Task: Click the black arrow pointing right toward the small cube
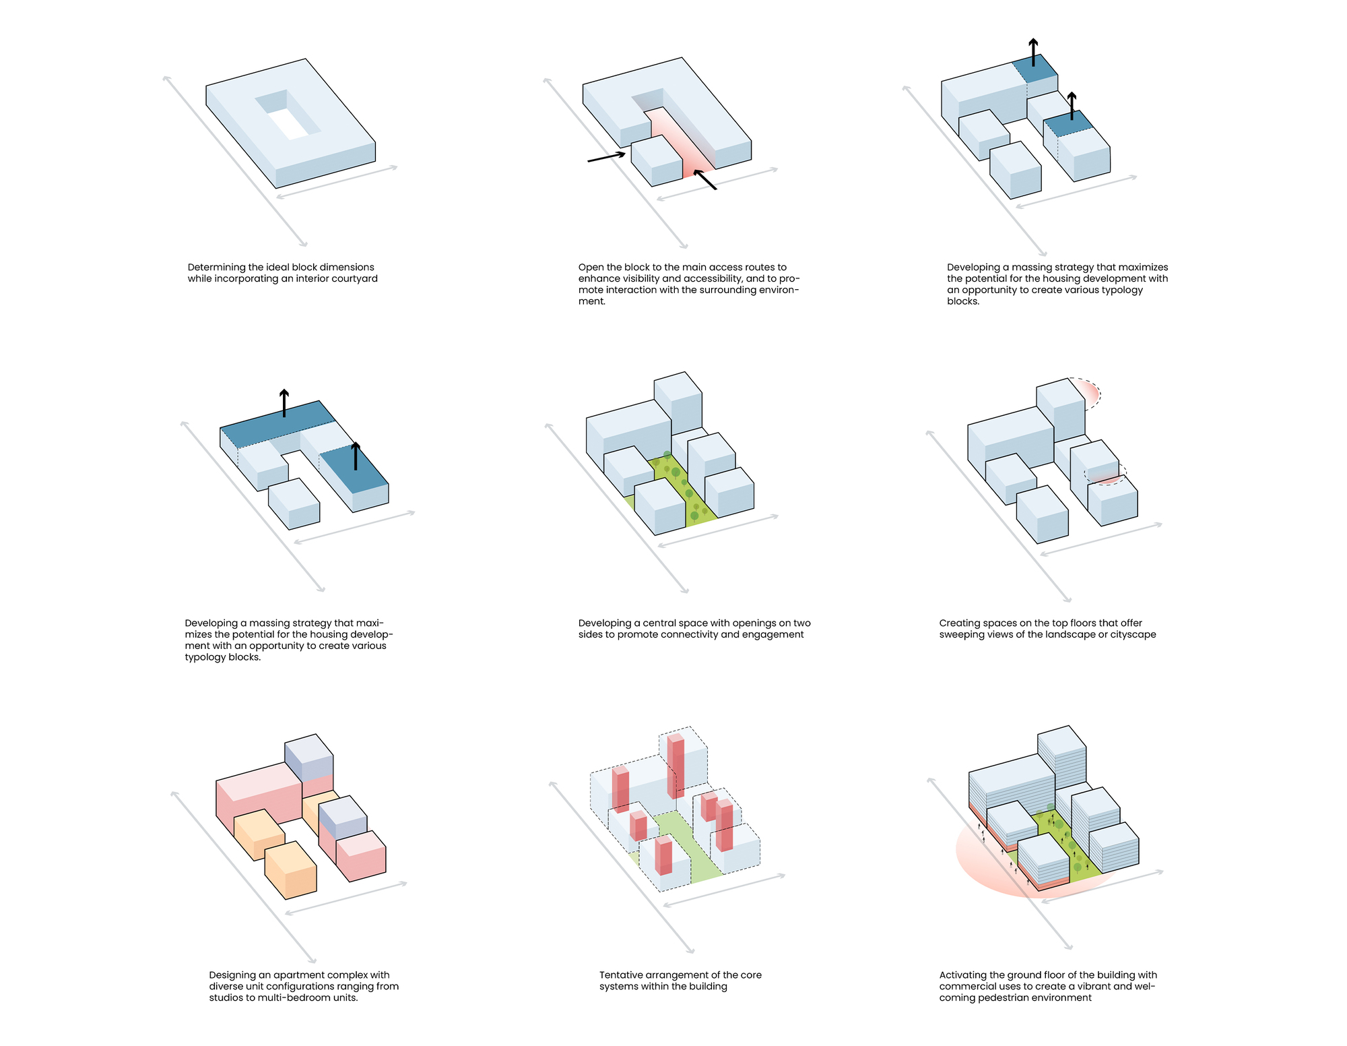pyautogui.click(x=606, y=157)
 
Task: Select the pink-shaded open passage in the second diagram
pyautogui.click(x=680, y=145)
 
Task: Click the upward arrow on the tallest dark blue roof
pyautogui.click(x=1033, y=53)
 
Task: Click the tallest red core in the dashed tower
pyautogui.click(x=676, y=765)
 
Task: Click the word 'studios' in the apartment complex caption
pyautogui.click(x=226, y=998)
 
